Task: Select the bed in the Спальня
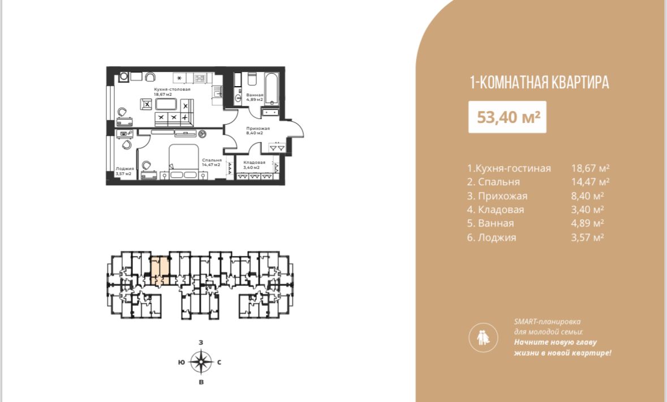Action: coord(184,161)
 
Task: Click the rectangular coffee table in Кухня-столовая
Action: coord(166,104)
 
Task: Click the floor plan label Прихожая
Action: coord(258,128)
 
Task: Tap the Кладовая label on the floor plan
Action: coord(255,162)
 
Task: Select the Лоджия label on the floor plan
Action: coord(124,169)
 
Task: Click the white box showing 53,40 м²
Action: coord(507,117)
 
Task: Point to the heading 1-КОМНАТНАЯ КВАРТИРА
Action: coord(539,82)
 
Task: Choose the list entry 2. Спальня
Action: coord(493,182)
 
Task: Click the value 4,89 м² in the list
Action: coord(587,223)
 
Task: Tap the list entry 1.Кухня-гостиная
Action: coord(509,168)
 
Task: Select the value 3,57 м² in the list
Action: coord(587,237)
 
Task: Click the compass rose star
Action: coord(201,362)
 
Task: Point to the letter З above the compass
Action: coord(201,343)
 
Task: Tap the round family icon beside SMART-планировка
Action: coord(483,337)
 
